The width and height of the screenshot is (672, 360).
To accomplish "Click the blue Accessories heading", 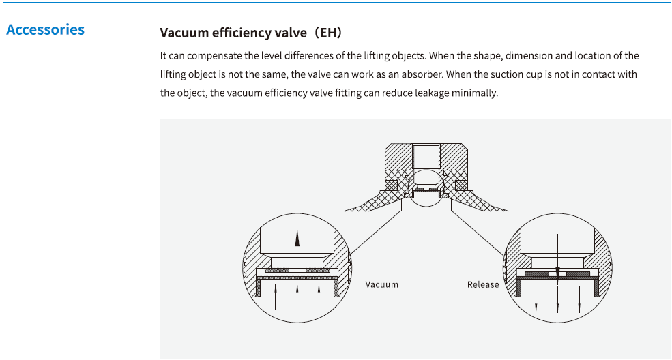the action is pyautogui.click(x=46, y=29).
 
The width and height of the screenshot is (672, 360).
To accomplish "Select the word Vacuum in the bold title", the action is pyautogui.click(x=184, y=33).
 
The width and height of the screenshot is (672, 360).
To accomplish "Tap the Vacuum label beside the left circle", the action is pyautogui.click(x=382, y=285).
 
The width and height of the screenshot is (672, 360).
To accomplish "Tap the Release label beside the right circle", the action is pyautogui.click(x=483, y=285).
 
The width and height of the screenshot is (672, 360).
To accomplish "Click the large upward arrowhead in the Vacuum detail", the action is pyautogui.click(x=297, y=237).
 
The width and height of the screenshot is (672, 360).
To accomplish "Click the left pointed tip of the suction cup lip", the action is pyautogui.click(x=345, y=211).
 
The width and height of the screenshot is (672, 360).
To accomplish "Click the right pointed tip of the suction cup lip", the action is pyautogui.click(x=508, y=211).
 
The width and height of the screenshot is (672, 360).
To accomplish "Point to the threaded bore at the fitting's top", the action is pyautogui.click(x=426, y=156).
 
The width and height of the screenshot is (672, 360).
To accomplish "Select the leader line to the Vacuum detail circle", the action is pyautogui.click(x=376, y=232).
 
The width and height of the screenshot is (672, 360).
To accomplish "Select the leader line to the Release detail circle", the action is pyautogui.click(x=478, y=234).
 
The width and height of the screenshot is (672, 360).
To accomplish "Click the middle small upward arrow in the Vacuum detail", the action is pyautogui.click(x=297, y=296).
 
